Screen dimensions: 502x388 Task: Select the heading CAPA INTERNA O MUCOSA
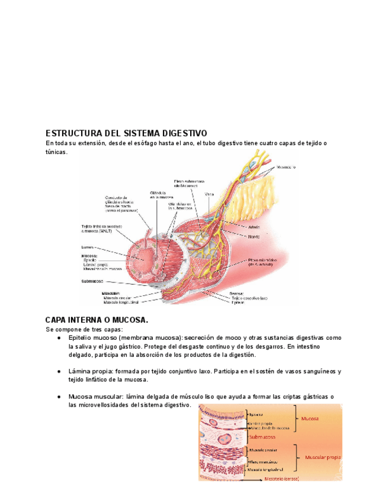97,320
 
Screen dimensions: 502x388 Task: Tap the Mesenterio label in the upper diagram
286,167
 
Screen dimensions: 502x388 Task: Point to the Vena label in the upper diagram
209,194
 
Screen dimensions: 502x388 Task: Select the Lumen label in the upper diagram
88,247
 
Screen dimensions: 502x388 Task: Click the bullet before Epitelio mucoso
60,337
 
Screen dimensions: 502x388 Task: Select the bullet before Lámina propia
60,371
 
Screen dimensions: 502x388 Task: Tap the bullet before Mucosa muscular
60,397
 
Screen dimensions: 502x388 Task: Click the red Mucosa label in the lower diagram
310,419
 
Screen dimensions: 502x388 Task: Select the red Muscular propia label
323,458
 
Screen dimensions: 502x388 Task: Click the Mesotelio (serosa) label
281,478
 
